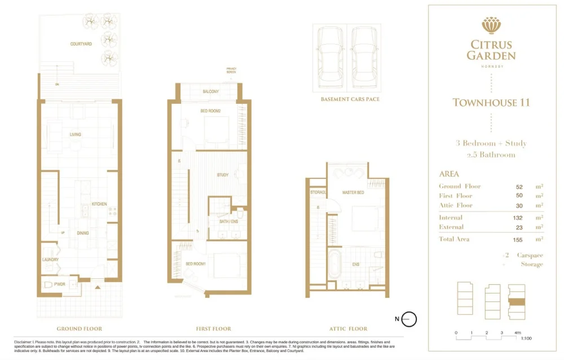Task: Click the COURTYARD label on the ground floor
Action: click(x=81, y=43)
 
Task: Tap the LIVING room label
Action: click(x=75, y=135)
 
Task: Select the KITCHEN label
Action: click(x=100, y=204)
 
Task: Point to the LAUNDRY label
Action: click(x=50, y=260)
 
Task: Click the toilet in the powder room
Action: click(x=49, y=284)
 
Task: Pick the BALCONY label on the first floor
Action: click(x=210, y=91)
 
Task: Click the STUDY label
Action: click(x=223, y=175)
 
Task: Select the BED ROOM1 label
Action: click(x=196, y=264)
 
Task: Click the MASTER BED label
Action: click(x=353, y=193)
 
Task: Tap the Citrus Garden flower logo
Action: click(x=490, y=25)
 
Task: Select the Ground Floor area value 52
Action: click(x=519, y=186)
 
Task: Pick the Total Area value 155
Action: click(x=519, y=239)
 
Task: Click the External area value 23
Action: click(x=519, y=227)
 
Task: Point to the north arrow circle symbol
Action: click(x=410, y=319)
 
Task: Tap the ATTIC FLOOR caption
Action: click(x=348, y=329)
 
